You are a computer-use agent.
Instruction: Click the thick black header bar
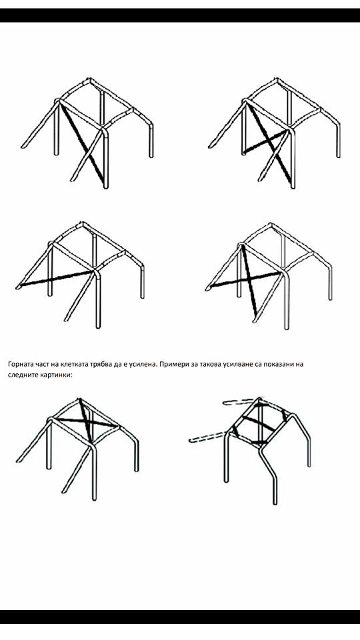tap(180, 15)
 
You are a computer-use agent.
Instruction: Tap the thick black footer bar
tap(180, 617)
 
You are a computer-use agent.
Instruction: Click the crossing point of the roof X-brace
tap(87, 421)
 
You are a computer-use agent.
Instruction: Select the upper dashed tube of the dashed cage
tap(241, 401)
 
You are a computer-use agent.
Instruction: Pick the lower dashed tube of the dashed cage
tap(207, 437)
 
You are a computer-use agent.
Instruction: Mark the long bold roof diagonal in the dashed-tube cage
tap(259, 423)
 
